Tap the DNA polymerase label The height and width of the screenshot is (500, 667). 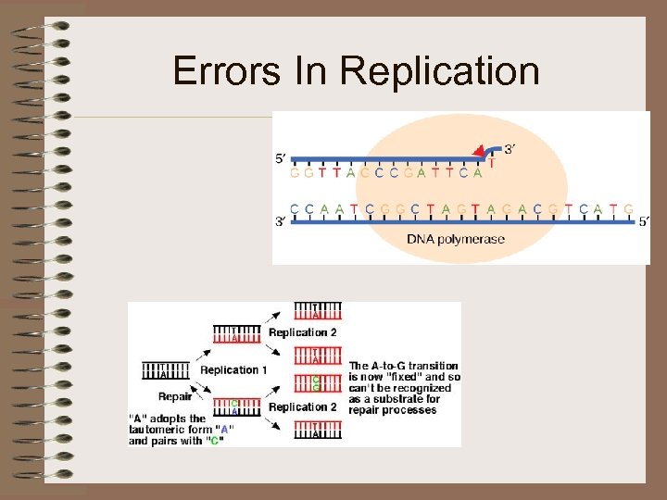[x=456, y=239]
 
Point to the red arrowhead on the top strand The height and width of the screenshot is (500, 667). [x=479, y=152]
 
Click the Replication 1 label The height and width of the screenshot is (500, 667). [x=233, y=369]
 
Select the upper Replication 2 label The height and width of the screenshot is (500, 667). [x=303, y=332]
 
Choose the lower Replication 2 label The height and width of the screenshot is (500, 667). [x=303, y=406]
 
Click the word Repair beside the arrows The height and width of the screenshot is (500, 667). [x=174, y=396]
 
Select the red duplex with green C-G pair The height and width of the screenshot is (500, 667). [x=317, y=383]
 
